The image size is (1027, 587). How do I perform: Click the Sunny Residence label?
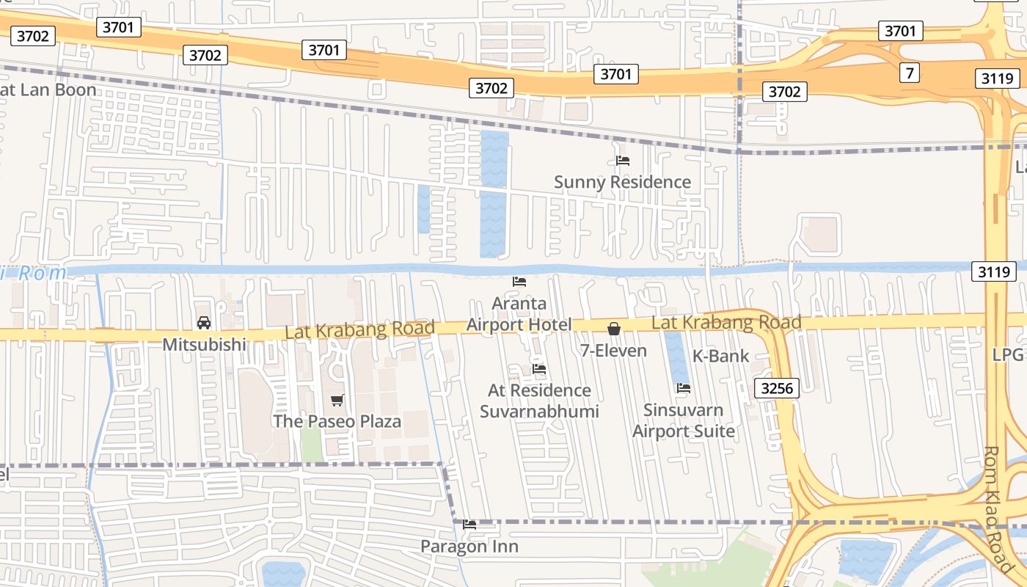click(x=622, y=182)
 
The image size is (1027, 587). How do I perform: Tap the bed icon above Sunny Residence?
click(x=623, y=160)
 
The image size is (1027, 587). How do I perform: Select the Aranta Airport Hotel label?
click(x=519, y=314)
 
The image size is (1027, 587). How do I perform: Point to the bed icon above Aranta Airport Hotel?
click(x=519, y=281)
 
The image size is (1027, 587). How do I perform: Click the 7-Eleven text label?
click(x=613, y=351)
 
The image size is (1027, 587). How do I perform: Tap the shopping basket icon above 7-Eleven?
click(x=614, y=329)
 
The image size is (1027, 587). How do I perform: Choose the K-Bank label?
click(x=721, y=357)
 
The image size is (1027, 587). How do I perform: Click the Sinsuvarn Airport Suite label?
click(x=684, y=420)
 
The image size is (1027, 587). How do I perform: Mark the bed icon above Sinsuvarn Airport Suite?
click(x=684, y=388)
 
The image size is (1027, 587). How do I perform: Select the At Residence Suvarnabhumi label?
click(x=539, y=401)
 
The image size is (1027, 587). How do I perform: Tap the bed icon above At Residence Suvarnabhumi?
click(x=539, y=368)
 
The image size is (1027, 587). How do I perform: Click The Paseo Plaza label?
click(x=337, y=421)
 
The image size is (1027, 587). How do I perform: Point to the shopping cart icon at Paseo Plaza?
click(x=337, y=400)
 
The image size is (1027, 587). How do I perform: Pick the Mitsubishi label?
click(x=204, y=344)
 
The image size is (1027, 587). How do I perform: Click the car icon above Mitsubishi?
click(x=204, y=323)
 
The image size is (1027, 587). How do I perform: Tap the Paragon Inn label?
click(x=469, y=547)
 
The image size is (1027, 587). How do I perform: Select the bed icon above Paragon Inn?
click(x=469, y=525)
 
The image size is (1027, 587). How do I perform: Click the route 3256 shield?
click(x=776, y=388)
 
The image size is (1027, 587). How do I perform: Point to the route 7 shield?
click(x=910, y=73)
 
